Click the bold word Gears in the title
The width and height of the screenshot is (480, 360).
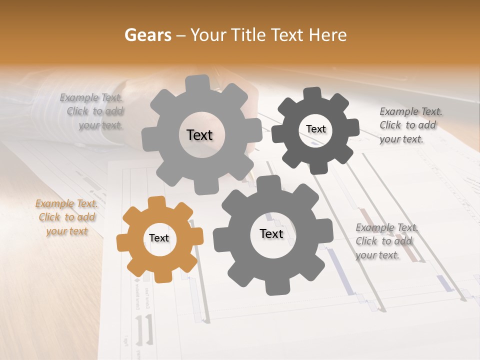(x=147, y=35)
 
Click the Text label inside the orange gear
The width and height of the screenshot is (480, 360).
(x=159, y=238)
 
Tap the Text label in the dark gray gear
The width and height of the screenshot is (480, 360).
(x=315, y=129)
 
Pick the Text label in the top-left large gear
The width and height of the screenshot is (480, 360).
(x=200, y=135)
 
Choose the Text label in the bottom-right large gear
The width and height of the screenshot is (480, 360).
(x=271, y=234)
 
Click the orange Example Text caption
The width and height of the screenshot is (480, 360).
(x=67, y=217)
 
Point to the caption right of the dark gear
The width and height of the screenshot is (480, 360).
(x=408, y=125)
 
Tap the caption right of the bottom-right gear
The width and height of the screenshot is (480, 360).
(x=385, y=241)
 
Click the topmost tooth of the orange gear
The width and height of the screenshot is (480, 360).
(x=157, y=201)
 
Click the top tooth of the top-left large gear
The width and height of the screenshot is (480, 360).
(x=197, y=82)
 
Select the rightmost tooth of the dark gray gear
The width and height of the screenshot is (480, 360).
(x=352, y=127)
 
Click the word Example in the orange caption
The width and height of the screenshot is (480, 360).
(x=54, y=204)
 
